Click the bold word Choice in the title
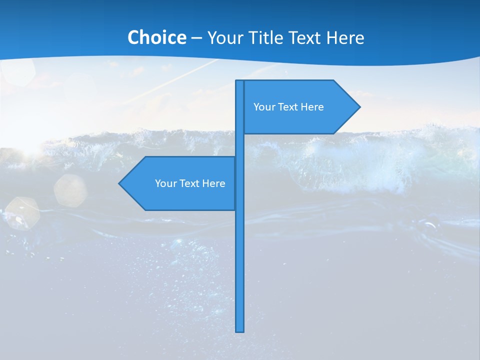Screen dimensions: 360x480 pyautogui.click(x=156, y=38)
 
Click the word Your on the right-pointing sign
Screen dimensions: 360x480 pyautogui.click(x=263, y=107)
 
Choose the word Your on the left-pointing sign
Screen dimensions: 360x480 pyautogui.click(x=165, y=183)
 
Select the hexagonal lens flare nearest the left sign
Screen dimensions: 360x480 pyautogui.click(x=70, y=190)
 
